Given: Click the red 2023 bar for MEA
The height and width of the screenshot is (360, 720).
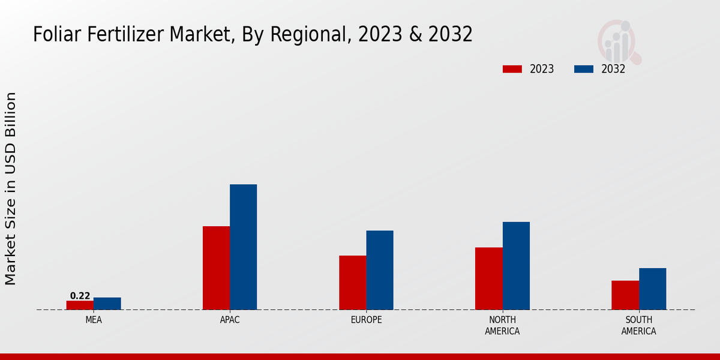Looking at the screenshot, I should click(80, 305).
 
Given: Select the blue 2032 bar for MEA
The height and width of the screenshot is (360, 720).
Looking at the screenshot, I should click(107, 304).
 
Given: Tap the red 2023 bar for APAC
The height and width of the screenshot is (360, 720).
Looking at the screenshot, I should click(216, 268).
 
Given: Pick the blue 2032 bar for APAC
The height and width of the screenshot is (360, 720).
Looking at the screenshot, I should click(243, 247).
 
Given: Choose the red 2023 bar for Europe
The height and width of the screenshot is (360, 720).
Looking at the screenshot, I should click(352, 283).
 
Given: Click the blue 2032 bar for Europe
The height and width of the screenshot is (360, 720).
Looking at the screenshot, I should click(380, 270).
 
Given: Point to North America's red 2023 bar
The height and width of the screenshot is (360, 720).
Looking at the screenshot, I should click(488, 278).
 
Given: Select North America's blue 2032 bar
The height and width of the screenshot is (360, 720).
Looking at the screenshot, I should click(516, 266).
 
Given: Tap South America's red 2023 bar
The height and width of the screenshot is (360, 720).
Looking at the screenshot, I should click(625, 295).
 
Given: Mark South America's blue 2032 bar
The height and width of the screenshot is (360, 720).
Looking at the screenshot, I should click(652, 289).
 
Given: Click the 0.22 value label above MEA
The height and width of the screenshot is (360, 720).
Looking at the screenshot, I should click(80, 296).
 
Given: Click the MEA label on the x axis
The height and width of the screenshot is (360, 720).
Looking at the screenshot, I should click(94, 320).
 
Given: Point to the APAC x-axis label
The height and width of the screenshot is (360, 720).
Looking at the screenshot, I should click(230, 320).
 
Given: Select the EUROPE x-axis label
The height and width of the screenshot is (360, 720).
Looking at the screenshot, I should click(366, 320).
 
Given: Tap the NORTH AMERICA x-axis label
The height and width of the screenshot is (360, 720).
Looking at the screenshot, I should click(502, 325).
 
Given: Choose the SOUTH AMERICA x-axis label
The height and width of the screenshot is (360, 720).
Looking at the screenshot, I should click(638, 325).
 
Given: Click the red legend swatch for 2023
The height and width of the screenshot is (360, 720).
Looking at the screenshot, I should click(512, 69).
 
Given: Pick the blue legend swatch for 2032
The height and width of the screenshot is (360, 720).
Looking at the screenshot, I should click(583, 69).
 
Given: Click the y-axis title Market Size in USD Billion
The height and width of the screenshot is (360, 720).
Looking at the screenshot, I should click(11, 188).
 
